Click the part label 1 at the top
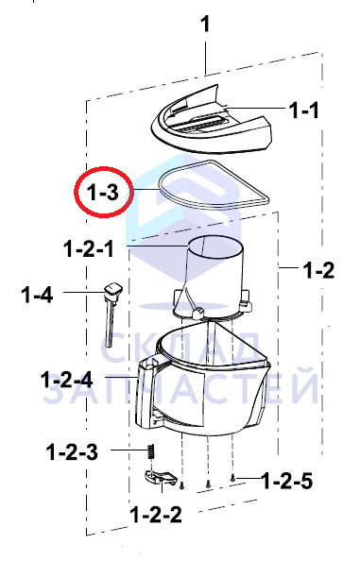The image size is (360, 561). (205, 25)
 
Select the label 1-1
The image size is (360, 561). (303, 110)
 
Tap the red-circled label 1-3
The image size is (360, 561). (102, 193)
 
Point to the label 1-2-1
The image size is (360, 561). (89, 248)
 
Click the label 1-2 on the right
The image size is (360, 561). (318, 270)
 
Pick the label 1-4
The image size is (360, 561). (37, 296)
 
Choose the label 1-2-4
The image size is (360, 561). (66, 380)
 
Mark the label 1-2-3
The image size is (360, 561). (72, 451)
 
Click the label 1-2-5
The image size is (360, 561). (287, 481)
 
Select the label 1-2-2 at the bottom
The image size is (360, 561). (156, 515)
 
